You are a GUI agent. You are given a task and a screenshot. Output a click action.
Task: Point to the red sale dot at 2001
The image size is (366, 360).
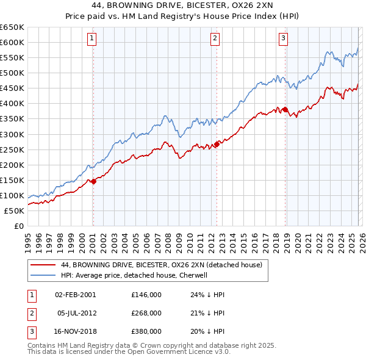pyautogui.click(x=93, y=181)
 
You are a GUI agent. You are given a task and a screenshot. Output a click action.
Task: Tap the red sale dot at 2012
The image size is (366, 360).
pyautogui.click(x=217, y=145)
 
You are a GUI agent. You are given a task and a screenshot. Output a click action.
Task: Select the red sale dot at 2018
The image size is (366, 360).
pyautogui.click(x=285, y=110)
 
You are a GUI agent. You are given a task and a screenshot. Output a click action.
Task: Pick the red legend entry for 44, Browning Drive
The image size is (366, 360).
pyautogui.click(x=161, y=265)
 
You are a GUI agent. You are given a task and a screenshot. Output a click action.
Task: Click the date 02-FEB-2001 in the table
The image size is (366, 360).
pyautogui.click(x=75, y=294)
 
